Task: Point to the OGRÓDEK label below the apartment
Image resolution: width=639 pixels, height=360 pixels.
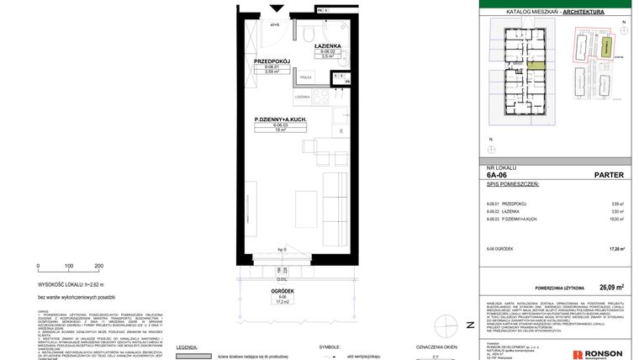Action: [283, 291]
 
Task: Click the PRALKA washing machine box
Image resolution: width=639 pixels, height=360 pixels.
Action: [304, 77]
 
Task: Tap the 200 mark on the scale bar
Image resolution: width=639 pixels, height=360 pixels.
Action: [98, 266]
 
